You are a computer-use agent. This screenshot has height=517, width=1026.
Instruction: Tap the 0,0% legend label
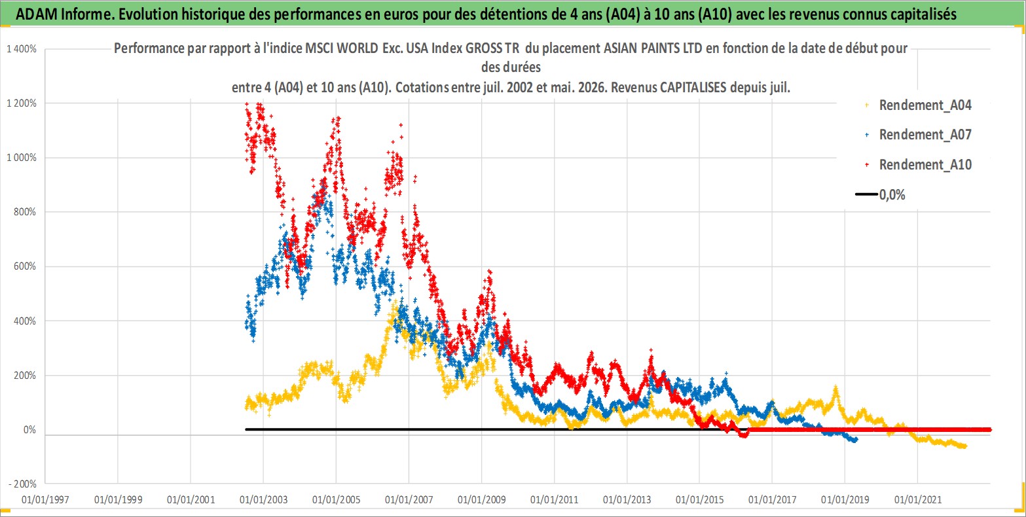[x=892, y=195]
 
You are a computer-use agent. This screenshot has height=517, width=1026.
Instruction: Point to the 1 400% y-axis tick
[x=22, y=49]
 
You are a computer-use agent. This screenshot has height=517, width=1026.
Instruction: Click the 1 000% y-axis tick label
[x=22, y=158]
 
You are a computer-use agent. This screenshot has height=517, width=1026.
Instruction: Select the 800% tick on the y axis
[x=25, y=211]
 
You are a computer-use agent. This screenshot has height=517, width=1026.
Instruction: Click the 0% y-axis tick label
[x=29, y=429]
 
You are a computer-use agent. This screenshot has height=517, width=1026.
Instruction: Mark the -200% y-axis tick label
[x=22, y=484]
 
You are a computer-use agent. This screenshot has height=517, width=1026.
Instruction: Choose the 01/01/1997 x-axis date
[x=45, y=499]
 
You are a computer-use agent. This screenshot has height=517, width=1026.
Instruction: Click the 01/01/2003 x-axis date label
[x=263, y=499]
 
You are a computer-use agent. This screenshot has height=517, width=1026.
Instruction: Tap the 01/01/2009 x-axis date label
[x=481, y=499]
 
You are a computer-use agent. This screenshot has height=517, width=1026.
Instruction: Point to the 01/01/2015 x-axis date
[x=699, y=499]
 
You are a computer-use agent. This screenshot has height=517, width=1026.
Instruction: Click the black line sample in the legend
[x=866, y=194]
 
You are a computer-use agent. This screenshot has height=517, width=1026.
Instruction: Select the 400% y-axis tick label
[x=25, y=321]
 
